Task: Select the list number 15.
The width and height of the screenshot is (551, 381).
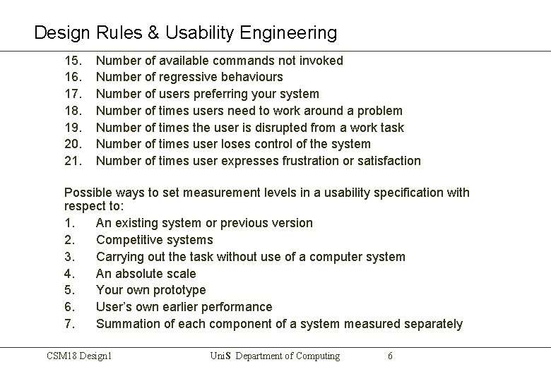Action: pos(73,61)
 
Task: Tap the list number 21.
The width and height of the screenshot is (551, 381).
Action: pos(73,161)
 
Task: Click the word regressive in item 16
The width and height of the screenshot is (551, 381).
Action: pos(189,77)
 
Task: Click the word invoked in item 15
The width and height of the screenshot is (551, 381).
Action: pos(321,61)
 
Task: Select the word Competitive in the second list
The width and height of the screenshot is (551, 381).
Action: pos(131,240)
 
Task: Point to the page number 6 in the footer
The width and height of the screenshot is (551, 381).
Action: pos(390,356)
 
